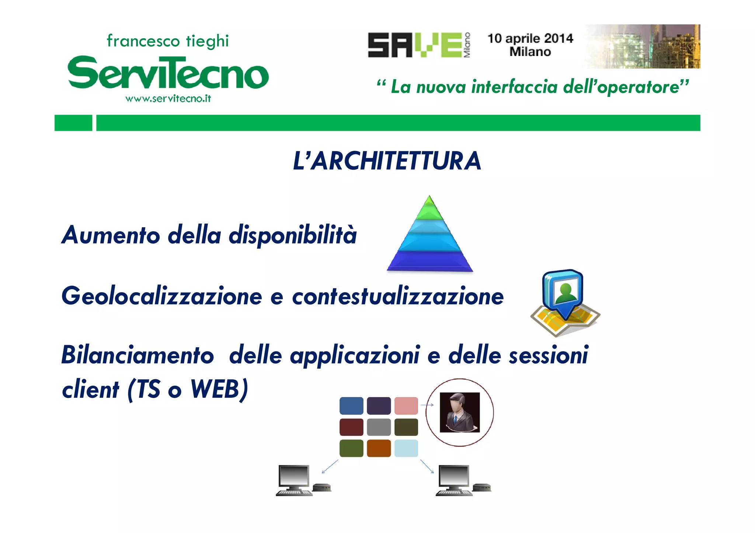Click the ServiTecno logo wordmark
(x=168, y=73)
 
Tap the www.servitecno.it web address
(x=168, y=99)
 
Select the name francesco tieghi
(x=168, y=41)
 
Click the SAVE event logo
(x=419, y=45)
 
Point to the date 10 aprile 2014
(x=530, y=38)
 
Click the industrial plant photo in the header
(x=642, y=46)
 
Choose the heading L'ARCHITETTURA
(x=387, y=161)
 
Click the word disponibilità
(x=293, y=235)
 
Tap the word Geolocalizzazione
(x=161, y=296)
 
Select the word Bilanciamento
(x=138, y=355)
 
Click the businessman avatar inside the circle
(x=460, y=412)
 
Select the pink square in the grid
(x=406, y=406)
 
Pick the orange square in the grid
(x=379, y=448)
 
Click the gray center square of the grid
(x=379, y=427)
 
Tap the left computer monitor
(x=294, y=476)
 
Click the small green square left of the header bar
(x=73, y=123)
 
